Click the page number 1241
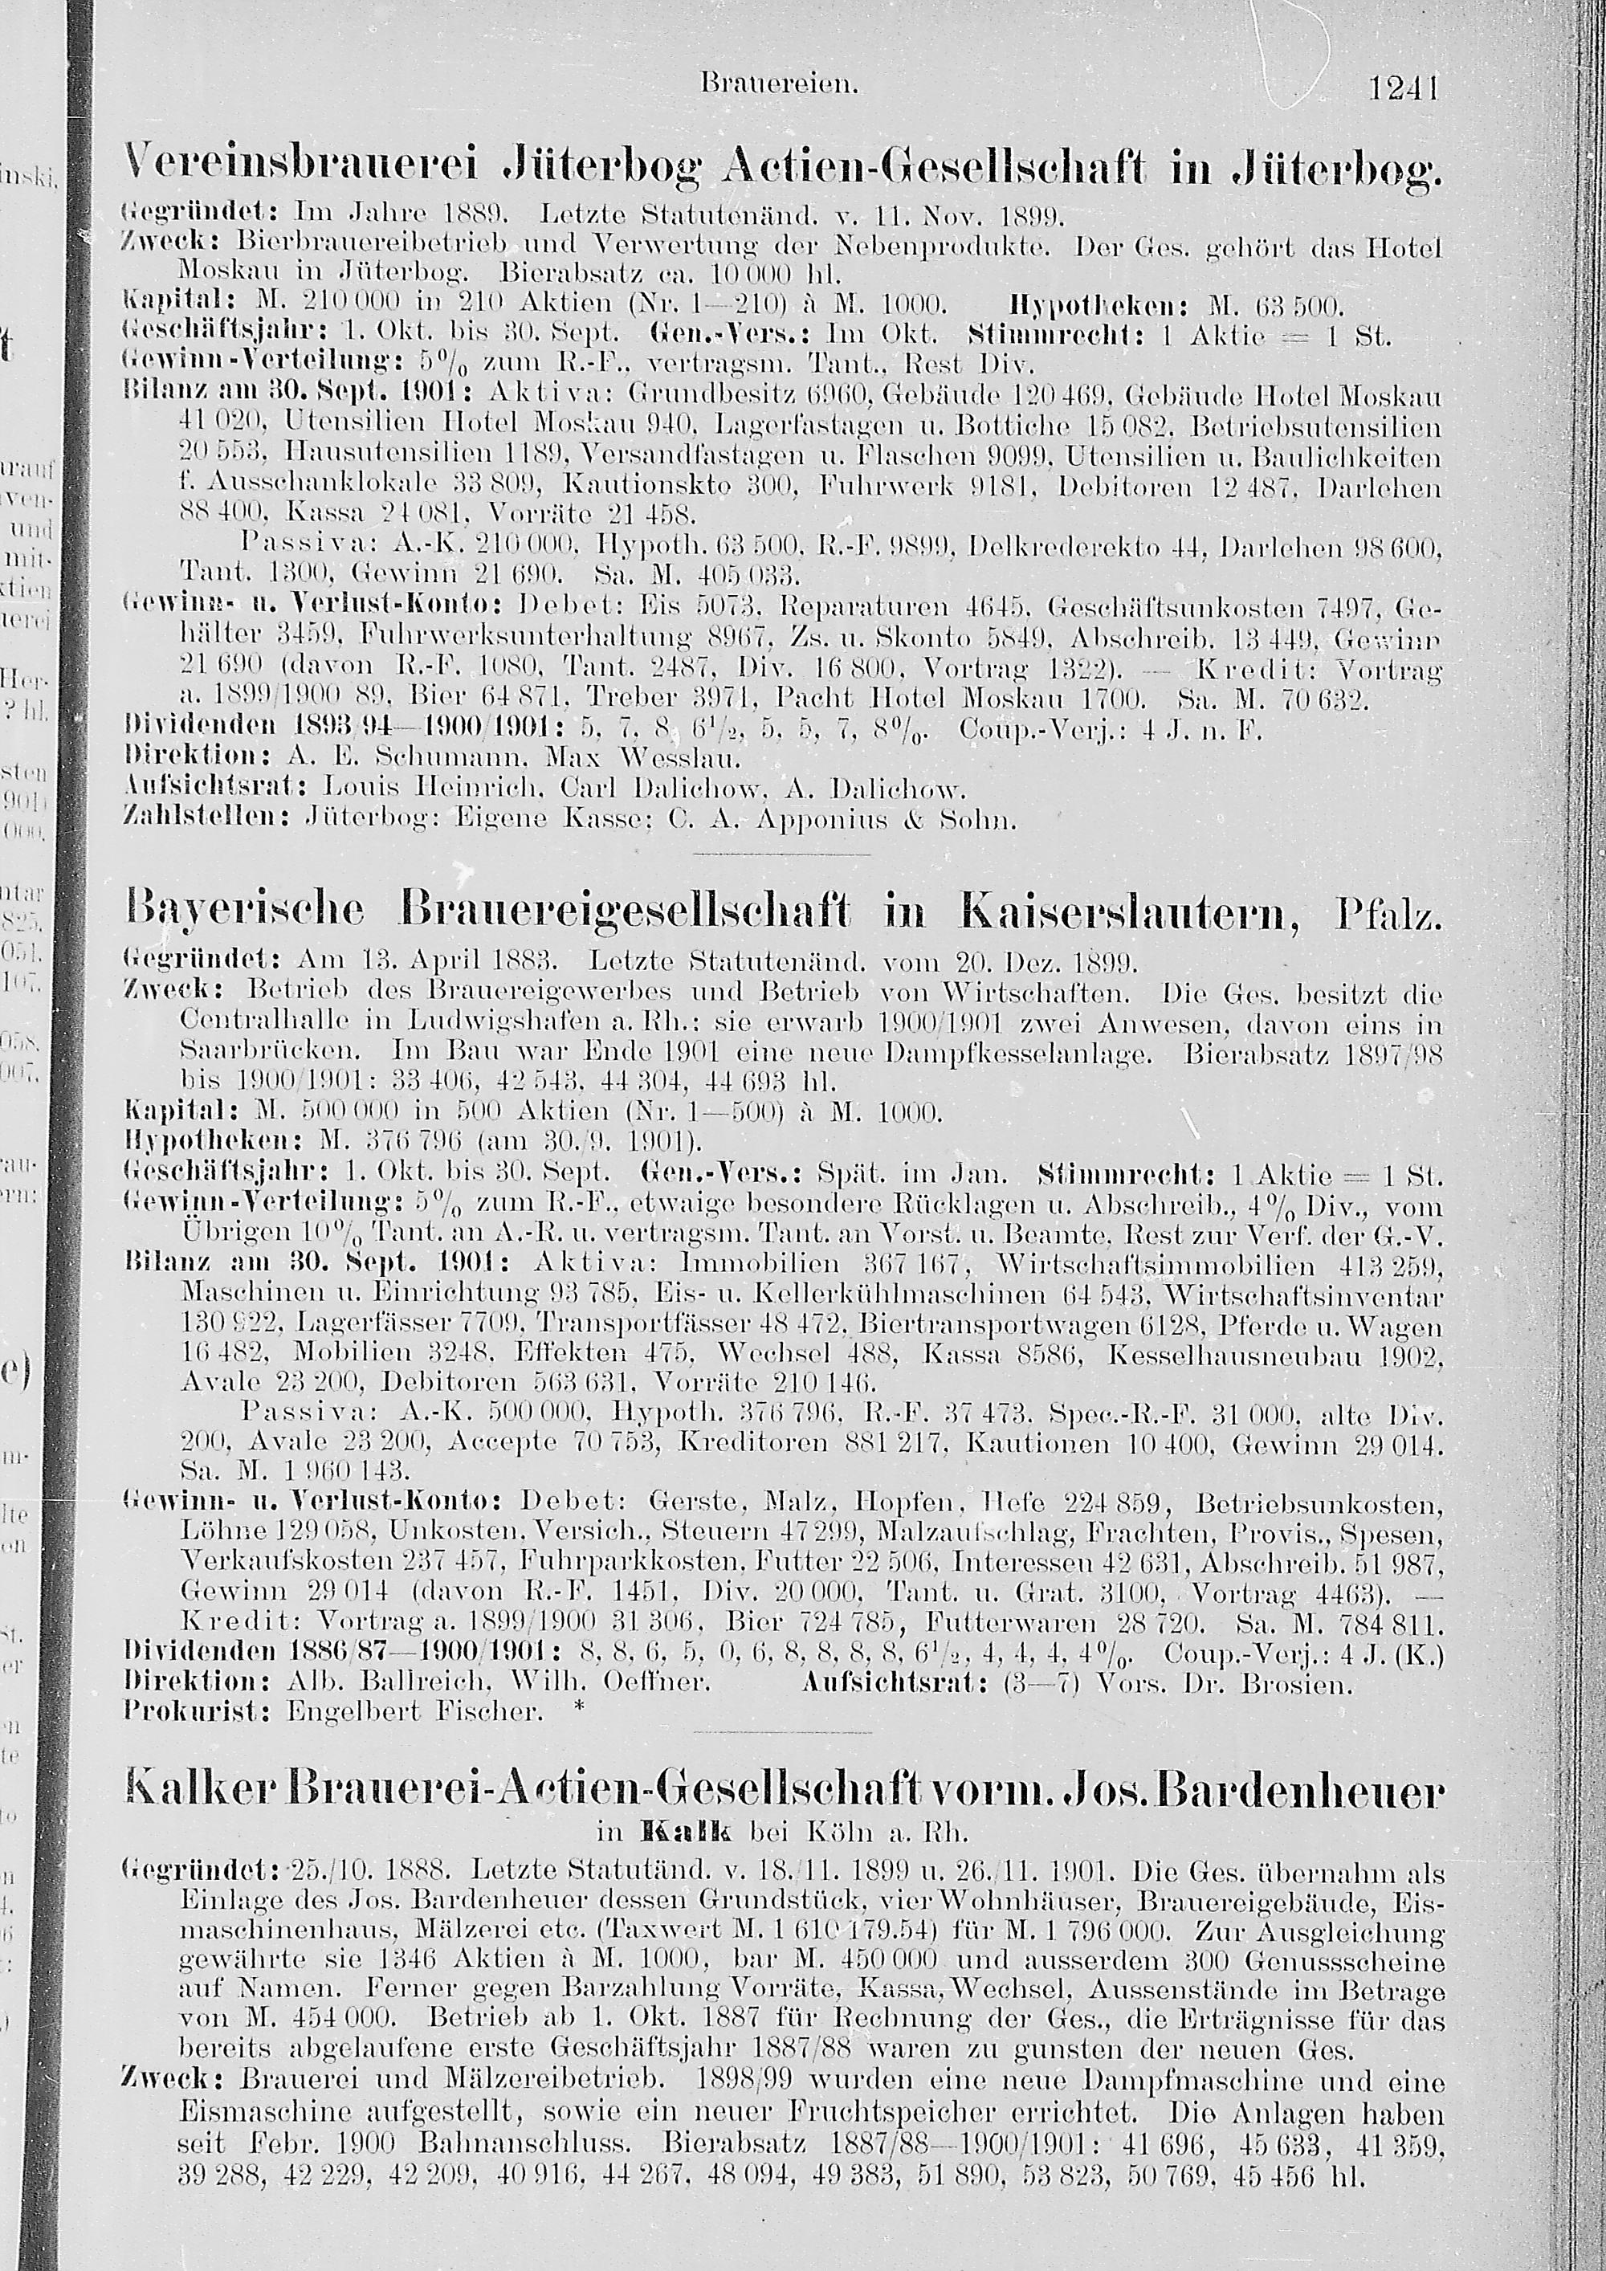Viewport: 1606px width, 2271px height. point(1401,91)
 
